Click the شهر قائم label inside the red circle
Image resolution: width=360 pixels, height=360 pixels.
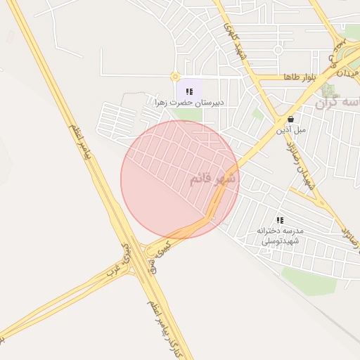pos(213,179)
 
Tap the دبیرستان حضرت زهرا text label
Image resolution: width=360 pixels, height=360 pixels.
pos(189,103)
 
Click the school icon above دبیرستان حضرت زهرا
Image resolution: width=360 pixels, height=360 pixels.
pos(189,91)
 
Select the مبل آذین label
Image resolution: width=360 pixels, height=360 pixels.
pos(290,129)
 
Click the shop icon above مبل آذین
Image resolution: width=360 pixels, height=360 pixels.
pos(290,120)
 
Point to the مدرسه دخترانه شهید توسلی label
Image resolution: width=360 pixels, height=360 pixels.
pos(280,236)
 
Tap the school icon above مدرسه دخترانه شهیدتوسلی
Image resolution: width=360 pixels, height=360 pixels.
pos(280,221)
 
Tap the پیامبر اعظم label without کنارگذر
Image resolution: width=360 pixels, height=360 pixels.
pos(82,145)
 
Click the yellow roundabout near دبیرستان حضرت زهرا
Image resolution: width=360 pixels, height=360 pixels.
pos(174,77)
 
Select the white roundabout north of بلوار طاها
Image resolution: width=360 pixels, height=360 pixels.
pos(278,50)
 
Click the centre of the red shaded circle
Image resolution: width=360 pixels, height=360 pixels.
pos(180,179)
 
